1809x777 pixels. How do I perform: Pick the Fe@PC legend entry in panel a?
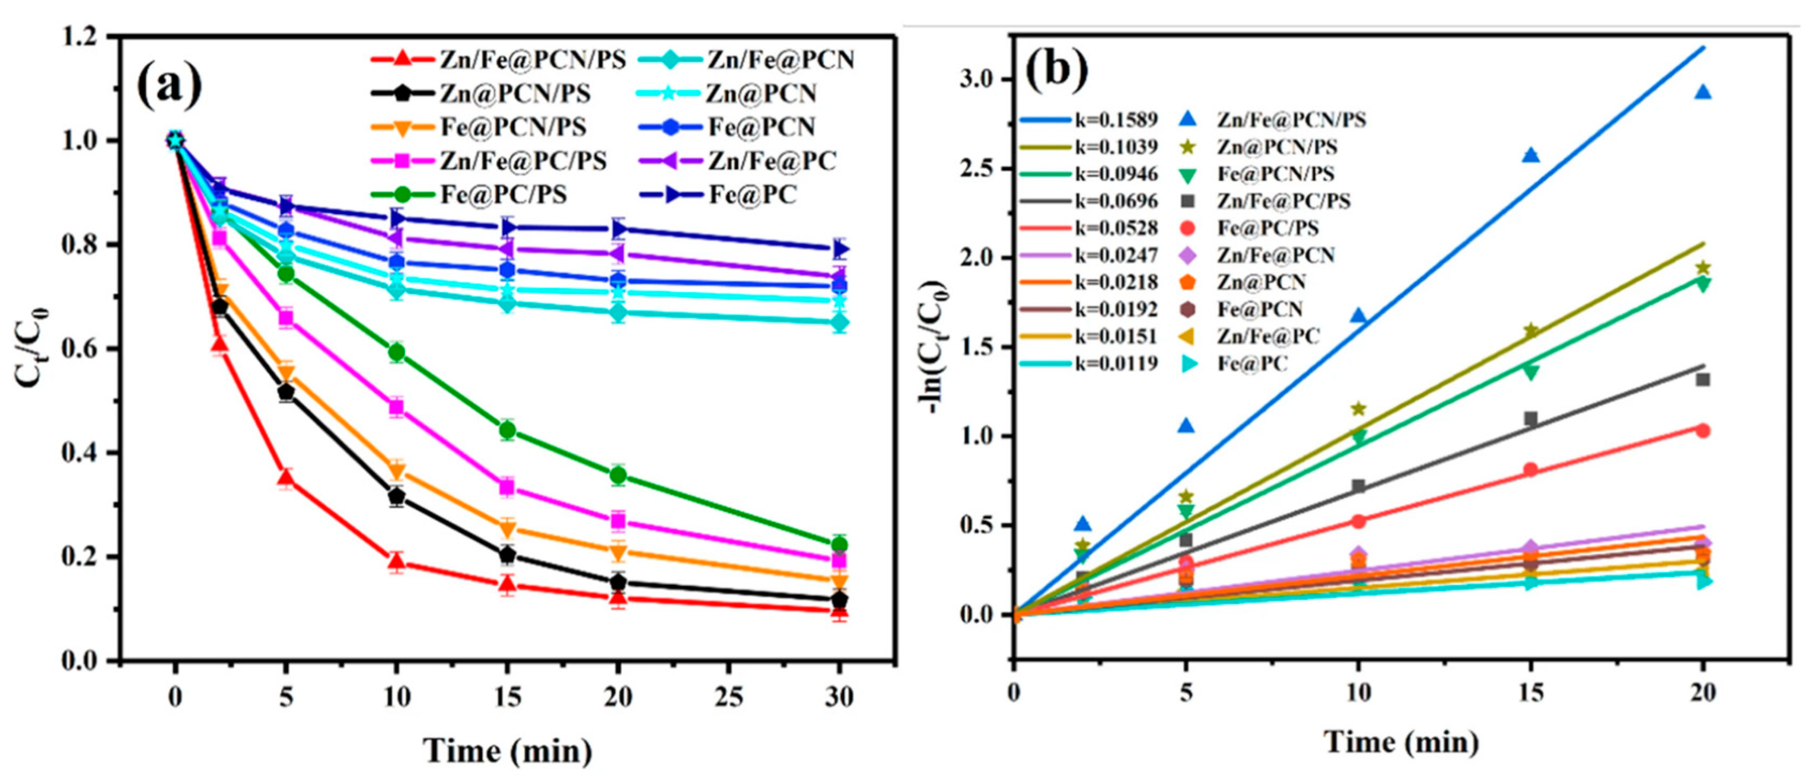[752, 195]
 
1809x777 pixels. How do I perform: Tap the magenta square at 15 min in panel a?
[507, 486]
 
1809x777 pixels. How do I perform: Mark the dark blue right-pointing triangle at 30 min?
[840, 248]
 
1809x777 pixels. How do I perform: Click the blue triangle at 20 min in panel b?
[1702, 92]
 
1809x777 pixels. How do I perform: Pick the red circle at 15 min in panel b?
[1530, 469]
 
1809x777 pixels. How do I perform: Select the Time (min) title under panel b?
[1402, 742]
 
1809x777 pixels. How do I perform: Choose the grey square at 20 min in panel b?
[1702, 380]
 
